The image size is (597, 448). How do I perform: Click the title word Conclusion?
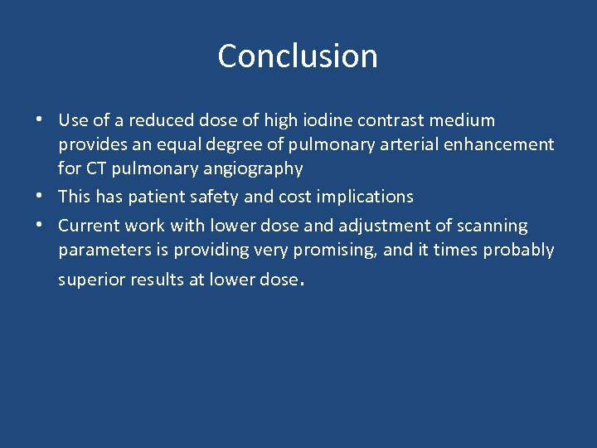point(298,56)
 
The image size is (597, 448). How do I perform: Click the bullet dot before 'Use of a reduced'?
point(40,119)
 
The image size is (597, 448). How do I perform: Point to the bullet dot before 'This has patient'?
point(40,196)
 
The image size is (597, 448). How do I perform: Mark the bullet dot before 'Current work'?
point(40,224)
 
